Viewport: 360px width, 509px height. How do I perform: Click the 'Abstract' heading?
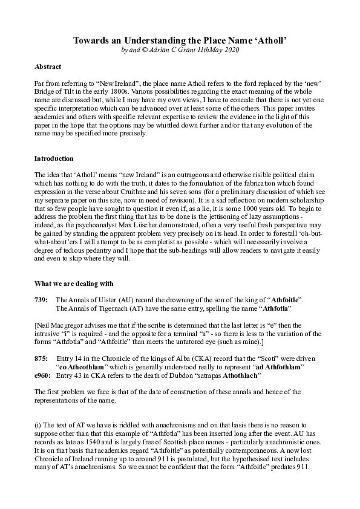click(48, 66)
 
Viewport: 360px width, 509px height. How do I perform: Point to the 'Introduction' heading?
click(53, 158)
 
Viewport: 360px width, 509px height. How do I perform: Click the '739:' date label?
click(42, 300)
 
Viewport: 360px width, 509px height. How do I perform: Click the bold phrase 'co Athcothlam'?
click(85, 367)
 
